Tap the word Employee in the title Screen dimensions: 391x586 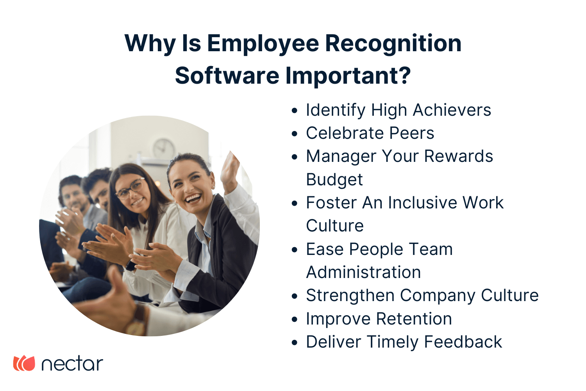point(263,43)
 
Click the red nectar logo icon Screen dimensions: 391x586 point(24,363)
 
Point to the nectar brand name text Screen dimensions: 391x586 point(72,364)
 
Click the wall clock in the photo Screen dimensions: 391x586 point(164,149)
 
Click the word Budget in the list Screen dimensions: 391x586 point(334,180)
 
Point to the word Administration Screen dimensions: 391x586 point(363,273)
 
